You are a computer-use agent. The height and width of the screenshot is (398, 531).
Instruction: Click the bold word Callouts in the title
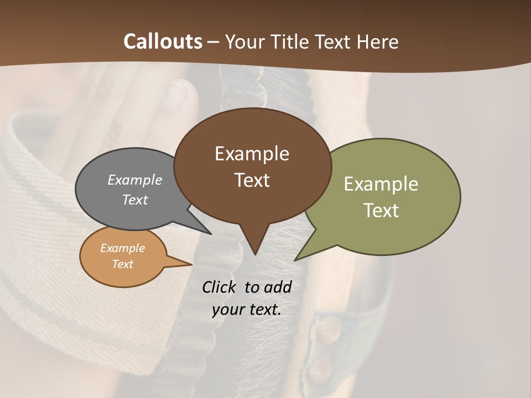163,41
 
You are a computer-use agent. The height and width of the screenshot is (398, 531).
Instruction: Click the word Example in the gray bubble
134,180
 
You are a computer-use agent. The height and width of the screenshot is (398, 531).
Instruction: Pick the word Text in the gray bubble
134,200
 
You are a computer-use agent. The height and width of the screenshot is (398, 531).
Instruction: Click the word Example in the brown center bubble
252,154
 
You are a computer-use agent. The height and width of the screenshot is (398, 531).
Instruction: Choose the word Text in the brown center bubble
252,180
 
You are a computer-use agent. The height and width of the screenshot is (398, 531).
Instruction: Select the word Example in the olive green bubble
381,184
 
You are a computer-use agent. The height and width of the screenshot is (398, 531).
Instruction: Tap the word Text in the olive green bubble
381,211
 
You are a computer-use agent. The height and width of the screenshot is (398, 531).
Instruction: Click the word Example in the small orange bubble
122,248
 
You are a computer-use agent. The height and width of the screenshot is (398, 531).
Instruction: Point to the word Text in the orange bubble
122,264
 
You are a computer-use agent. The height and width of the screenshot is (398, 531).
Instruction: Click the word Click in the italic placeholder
220,287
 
